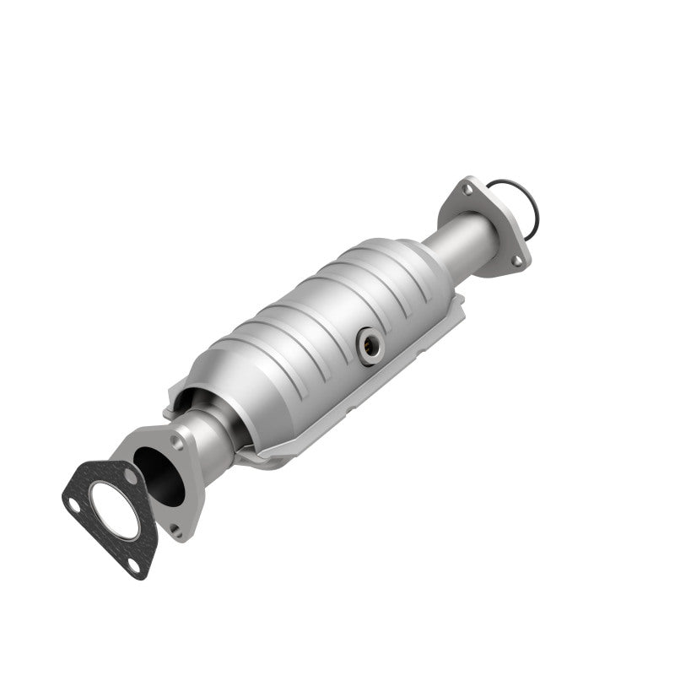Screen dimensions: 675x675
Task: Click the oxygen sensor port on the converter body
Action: click(369, 345)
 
